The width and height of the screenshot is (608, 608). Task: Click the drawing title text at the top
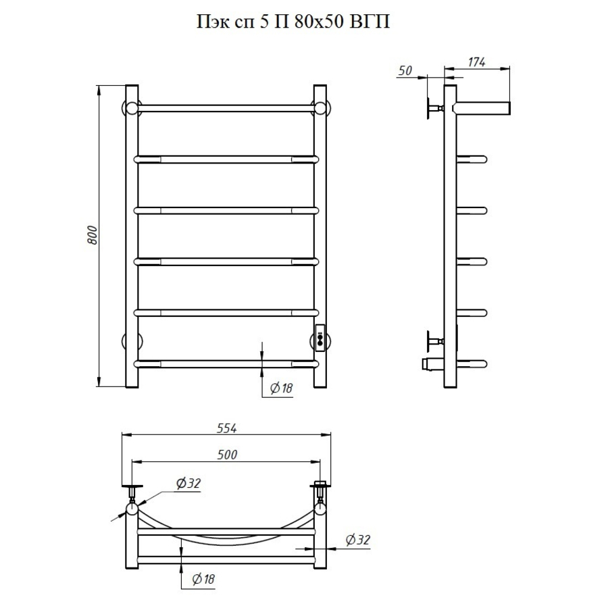coord(293,22)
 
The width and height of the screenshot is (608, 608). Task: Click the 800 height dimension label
coord(93,234)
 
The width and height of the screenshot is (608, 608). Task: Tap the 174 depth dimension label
coord(476,62)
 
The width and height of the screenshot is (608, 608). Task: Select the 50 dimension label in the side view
coord(405,70)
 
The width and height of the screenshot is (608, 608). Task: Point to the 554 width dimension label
coord(226,428)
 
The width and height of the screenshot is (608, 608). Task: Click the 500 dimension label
coord(227,455)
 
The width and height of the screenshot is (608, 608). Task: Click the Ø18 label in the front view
coord(281,388)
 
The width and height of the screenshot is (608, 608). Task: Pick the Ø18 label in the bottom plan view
coord(203,580)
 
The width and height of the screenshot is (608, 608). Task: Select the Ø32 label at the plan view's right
coord(357,540)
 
